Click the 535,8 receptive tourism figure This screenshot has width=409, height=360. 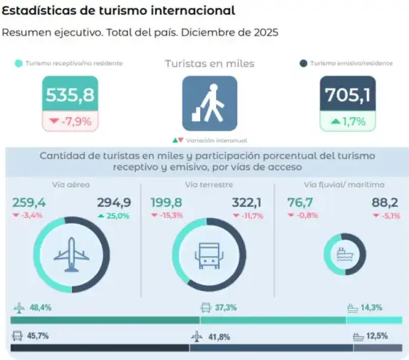click(x=70, y=95)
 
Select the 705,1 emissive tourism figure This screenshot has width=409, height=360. click(x=348, y=95)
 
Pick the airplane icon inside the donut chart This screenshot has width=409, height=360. click(x=71, y=254)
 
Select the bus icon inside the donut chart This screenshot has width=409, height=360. click(x=209, y=256)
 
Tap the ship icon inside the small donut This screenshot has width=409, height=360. click(x=345, y=254)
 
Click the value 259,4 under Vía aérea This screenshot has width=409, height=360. click(x=29, y=202)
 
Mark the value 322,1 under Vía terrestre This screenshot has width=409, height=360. click(x=247, y=202)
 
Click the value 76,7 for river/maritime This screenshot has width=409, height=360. click(x=300, y=202)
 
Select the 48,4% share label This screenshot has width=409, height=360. click(x=41, y=307)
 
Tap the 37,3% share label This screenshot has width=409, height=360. click(x=226, y=307)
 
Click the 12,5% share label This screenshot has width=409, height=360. click(x=377, y=336)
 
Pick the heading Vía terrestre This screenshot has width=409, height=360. click(x=209, y=185)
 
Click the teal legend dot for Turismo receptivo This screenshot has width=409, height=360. click(x=19, y=63)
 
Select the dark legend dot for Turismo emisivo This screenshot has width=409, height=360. click(x=304, y=63)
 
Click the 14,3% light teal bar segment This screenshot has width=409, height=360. click(x=374, y=320)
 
